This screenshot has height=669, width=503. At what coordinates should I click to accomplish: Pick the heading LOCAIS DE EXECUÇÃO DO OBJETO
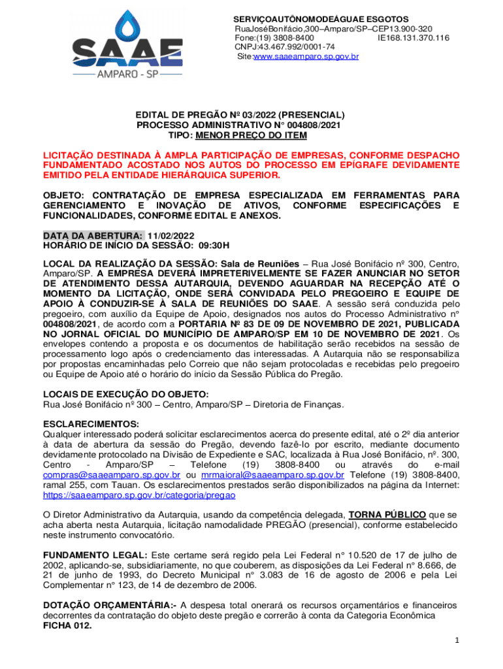[x=125, y=394]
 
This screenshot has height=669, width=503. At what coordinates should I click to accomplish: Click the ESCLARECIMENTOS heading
[x=91, y=424]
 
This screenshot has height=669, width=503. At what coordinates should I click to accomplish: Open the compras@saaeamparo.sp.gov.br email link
[x=111, y=474]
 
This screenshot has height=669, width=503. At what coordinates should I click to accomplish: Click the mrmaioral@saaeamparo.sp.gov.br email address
[x=273, y=474]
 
